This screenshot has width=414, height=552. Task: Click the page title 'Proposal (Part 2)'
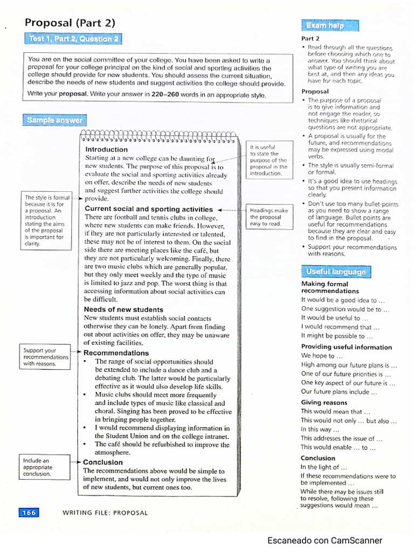coord(70,23)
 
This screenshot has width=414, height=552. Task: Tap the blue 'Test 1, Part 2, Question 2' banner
coord(73,39)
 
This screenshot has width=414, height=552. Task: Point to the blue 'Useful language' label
coord(335,272)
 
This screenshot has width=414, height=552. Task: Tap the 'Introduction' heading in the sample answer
coord(107,149)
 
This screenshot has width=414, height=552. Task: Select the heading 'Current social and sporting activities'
coord(149,209)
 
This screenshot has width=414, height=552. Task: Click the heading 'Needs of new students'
coord(123,309)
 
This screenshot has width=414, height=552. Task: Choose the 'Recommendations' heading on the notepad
coord(116,353)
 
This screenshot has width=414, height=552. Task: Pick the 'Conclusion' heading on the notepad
coord(103,462)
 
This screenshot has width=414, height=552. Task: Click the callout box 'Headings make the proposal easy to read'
coord(270,217)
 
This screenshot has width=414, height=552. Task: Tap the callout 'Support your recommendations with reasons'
coord(46,357)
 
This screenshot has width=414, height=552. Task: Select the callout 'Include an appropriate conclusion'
coord(45,467)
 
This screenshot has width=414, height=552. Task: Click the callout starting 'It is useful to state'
coord(269,160)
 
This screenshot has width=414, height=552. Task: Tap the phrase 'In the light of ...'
coord(320,467)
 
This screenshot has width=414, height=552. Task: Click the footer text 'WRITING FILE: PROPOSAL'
coord(105,513)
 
